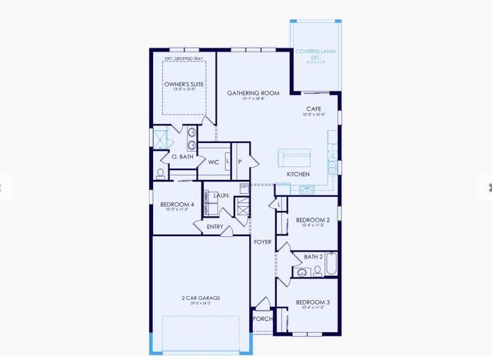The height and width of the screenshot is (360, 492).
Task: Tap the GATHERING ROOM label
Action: pos(252,93)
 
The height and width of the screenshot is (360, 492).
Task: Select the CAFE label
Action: pos(313,109)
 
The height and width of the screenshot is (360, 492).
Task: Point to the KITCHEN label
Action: pos(298,175)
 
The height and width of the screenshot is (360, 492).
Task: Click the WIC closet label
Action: pos(214,162)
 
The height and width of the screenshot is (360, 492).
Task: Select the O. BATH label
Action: pos(181,157)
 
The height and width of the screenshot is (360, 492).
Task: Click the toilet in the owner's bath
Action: pos(161,172)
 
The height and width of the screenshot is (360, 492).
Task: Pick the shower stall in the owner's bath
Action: pos(161,138)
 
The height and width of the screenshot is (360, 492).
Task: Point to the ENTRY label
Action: pos(214,226)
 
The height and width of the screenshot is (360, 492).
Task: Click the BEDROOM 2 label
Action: pos(313,219)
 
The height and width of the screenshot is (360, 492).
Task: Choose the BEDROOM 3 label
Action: pos(313,302)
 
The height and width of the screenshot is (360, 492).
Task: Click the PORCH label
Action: pos(262,318)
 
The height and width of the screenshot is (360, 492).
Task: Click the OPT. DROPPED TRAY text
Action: pos(182,58)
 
